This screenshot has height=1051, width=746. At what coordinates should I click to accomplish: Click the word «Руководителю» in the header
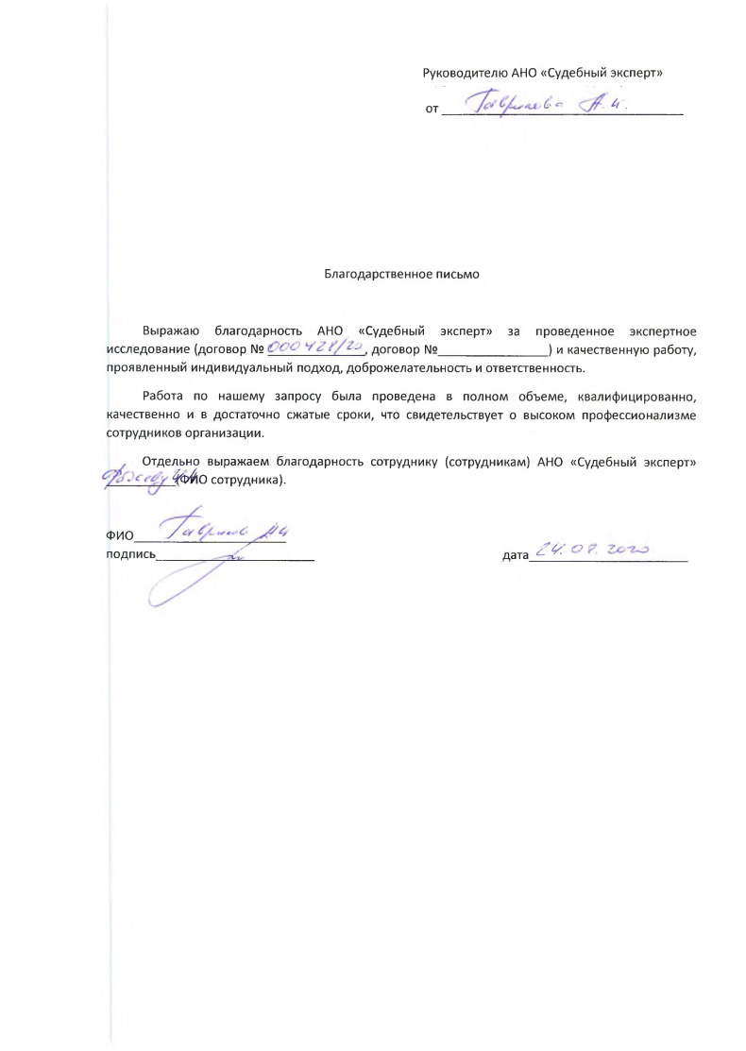tap(462, 72)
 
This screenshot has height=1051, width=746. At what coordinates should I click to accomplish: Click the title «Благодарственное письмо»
tap(402, 275)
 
